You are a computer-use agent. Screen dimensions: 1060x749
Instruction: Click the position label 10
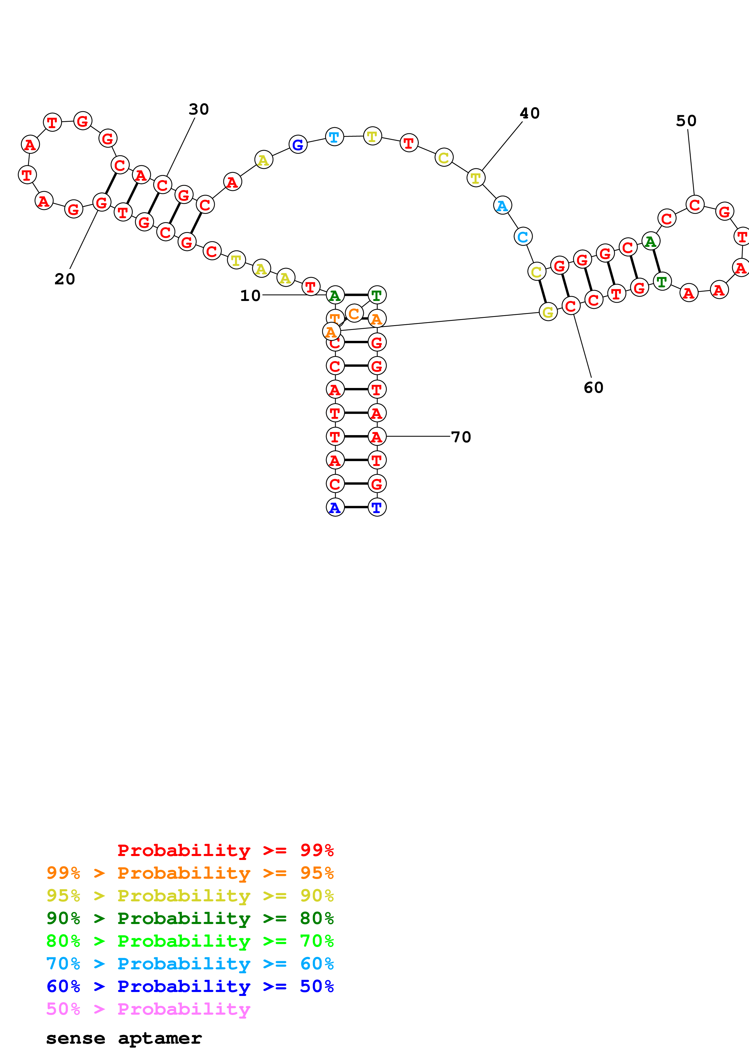[x=250, y=296]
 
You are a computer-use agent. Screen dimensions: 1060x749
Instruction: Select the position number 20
[x=65, y=279]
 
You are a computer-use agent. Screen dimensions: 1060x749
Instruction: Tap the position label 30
[x=199, y=109]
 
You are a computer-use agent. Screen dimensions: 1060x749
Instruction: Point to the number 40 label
[x=529, y=113]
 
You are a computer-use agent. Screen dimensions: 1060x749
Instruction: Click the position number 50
[x=686, y=121]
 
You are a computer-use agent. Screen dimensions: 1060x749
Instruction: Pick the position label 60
[x=593, y=388]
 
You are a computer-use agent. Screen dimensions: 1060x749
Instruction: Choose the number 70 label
[x=460, y=437]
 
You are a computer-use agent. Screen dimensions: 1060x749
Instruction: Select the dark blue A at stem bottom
[x=335, y=507]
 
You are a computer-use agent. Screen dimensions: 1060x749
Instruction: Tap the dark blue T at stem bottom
[x=376, y=507]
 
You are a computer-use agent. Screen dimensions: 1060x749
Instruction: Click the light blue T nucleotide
[x=334, y=137]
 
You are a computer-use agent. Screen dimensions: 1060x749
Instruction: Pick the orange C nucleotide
[x=354, y=313]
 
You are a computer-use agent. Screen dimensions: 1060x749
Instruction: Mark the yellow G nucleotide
[x=548, y=312]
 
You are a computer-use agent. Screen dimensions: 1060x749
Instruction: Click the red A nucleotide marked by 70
[x=376, y=436]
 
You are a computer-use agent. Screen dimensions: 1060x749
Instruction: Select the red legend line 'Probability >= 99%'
[x=225, y=850]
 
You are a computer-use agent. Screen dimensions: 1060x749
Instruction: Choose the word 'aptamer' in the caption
[x=160, y=1038]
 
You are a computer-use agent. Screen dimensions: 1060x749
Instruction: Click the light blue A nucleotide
[x=502, y=205]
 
